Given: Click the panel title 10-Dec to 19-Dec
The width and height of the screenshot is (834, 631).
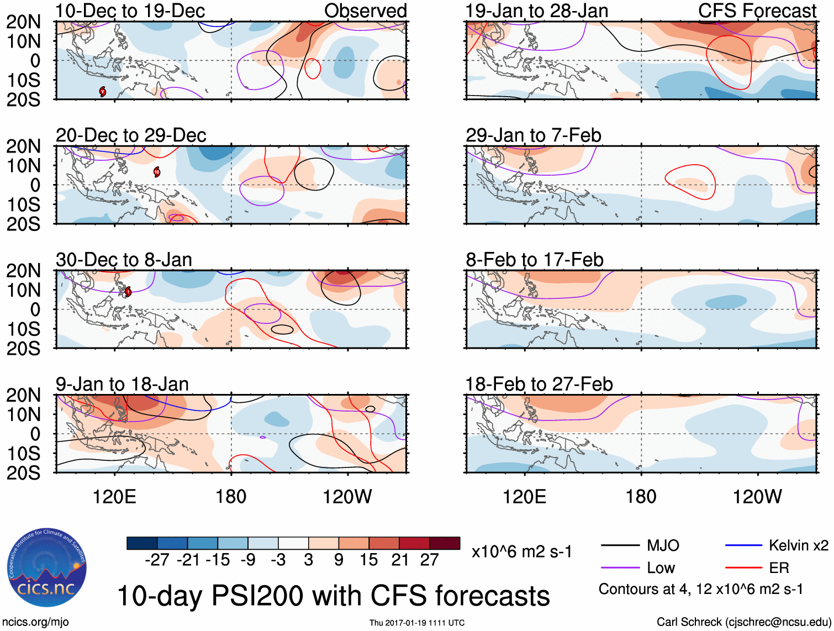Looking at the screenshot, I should coord(130,11).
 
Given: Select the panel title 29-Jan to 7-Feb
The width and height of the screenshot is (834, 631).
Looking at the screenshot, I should coord(533,135).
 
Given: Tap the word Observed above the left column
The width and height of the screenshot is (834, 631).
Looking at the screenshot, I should coord(365,11).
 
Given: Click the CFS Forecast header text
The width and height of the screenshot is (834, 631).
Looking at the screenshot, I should coord(757,11).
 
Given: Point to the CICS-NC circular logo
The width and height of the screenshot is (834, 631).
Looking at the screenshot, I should coord(46,567).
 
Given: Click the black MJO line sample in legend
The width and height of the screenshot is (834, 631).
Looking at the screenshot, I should coord(620,546).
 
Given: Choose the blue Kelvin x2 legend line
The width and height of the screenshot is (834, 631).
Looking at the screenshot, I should coord(743,546).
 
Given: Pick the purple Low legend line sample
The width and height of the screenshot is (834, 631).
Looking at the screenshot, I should coord(620,568).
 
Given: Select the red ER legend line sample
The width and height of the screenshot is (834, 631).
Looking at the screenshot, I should coord(743,568).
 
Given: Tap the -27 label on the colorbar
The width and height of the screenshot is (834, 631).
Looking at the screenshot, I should coord(157,560).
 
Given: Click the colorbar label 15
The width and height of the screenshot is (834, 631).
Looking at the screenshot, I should coord(368,560).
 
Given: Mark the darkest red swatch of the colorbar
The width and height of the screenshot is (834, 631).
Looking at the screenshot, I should coord(445,543).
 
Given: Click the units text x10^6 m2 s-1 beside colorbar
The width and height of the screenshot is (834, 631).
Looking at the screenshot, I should coord(521,552).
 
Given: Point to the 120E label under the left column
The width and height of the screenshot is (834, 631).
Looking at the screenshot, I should coord(114,497).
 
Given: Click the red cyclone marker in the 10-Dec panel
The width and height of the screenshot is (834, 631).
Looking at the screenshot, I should coord(103,91).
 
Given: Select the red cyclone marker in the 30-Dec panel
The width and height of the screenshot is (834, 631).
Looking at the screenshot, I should coord(128,291).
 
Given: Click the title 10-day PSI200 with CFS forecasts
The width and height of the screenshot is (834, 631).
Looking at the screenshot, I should coord(334,596).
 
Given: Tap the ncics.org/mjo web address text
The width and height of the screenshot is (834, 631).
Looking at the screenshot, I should coord(35,622).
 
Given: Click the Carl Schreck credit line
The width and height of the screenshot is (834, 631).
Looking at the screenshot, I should coord(743,622).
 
